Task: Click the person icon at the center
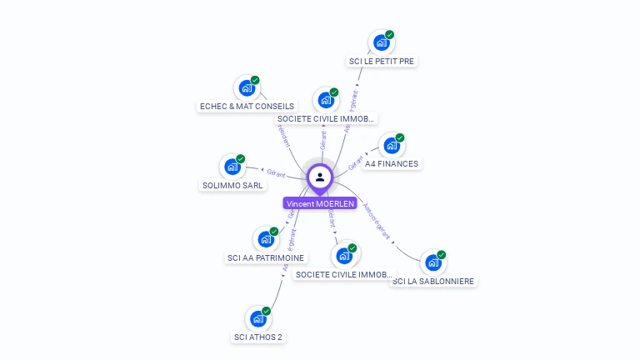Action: click(320, 177)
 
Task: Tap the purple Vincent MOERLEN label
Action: click(320, 203)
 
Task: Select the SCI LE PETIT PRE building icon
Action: click(381, 42)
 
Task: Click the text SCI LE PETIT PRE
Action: click(381, 61)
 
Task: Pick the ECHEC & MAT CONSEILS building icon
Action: click(246, 87)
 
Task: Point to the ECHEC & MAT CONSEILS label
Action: click(247, 107)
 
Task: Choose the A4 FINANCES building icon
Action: click(391, 146)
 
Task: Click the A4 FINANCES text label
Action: click(392, 164)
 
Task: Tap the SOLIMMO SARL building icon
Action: click(232, 167)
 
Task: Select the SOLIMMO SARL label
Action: click(232, 185)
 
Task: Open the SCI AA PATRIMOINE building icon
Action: click(265, 239)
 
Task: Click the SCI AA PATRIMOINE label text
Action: click(266, 258)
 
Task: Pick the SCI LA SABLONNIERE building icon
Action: click(432, 262)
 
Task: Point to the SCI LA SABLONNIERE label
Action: click(433, 282)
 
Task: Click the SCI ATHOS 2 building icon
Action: click(257, 318)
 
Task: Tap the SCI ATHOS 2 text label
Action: click(257, 337)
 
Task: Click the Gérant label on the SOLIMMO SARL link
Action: click(277, 173)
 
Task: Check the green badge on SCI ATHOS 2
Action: click(267, 311)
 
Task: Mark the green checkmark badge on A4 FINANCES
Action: click(400, 137)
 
